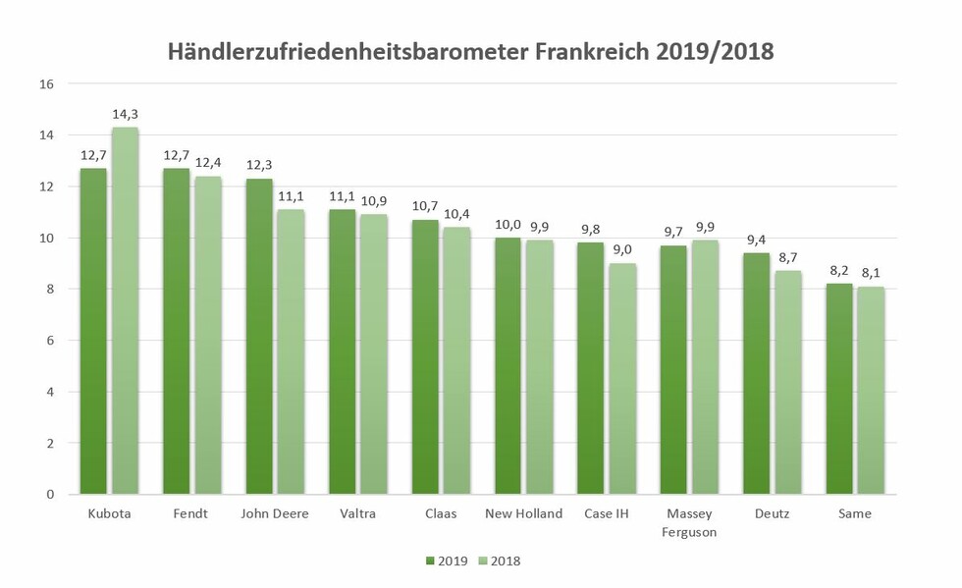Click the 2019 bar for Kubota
point(93,331)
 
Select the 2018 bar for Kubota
point(125,310)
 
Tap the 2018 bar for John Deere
point(291,351)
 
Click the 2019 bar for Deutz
point(756,373)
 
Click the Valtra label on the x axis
point(357,513)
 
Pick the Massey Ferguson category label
point(689,522)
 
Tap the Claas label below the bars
point(441,513)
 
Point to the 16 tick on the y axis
point(46,83)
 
